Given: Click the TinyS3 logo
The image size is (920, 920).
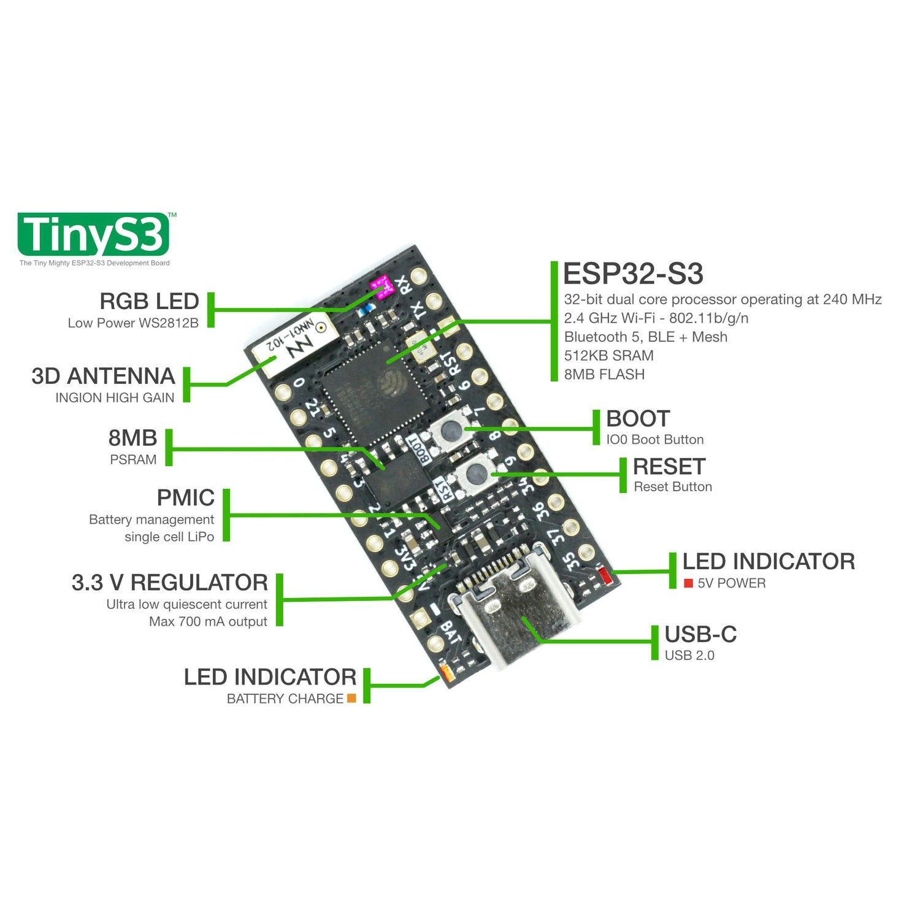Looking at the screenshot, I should click(93, 234).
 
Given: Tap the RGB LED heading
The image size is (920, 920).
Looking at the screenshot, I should click(149, 301).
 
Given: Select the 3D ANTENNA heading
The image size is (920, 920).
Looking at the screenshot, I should click(103, 376).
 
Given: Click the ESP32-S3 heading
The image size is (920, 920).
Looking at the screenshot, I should click(632, 274).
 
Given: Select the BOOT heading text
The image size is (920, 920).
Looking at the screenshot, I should click(638, 419).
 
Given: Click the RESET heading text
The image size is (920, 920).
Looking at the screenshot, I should click(669, 467).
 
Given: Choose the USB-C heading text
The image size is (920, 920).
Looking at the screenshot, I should click(700, 634).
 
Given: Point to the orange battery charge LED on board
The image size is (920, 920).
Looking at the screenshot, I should click(446, 672).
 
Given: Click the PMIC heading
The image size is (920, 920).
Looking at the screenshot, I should click(185, 497).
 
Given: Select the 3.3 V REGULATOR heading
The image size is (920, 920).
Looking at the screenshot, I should click(169, 582).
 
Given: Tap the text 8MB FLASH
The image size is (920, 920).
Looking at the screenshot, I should click(604, 374).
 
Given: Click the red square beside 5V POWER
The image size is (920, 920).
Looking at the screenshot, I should click(688, 583).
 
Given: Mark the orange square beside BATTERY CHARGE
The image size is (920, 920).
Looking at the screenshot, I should click(351, 698).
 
